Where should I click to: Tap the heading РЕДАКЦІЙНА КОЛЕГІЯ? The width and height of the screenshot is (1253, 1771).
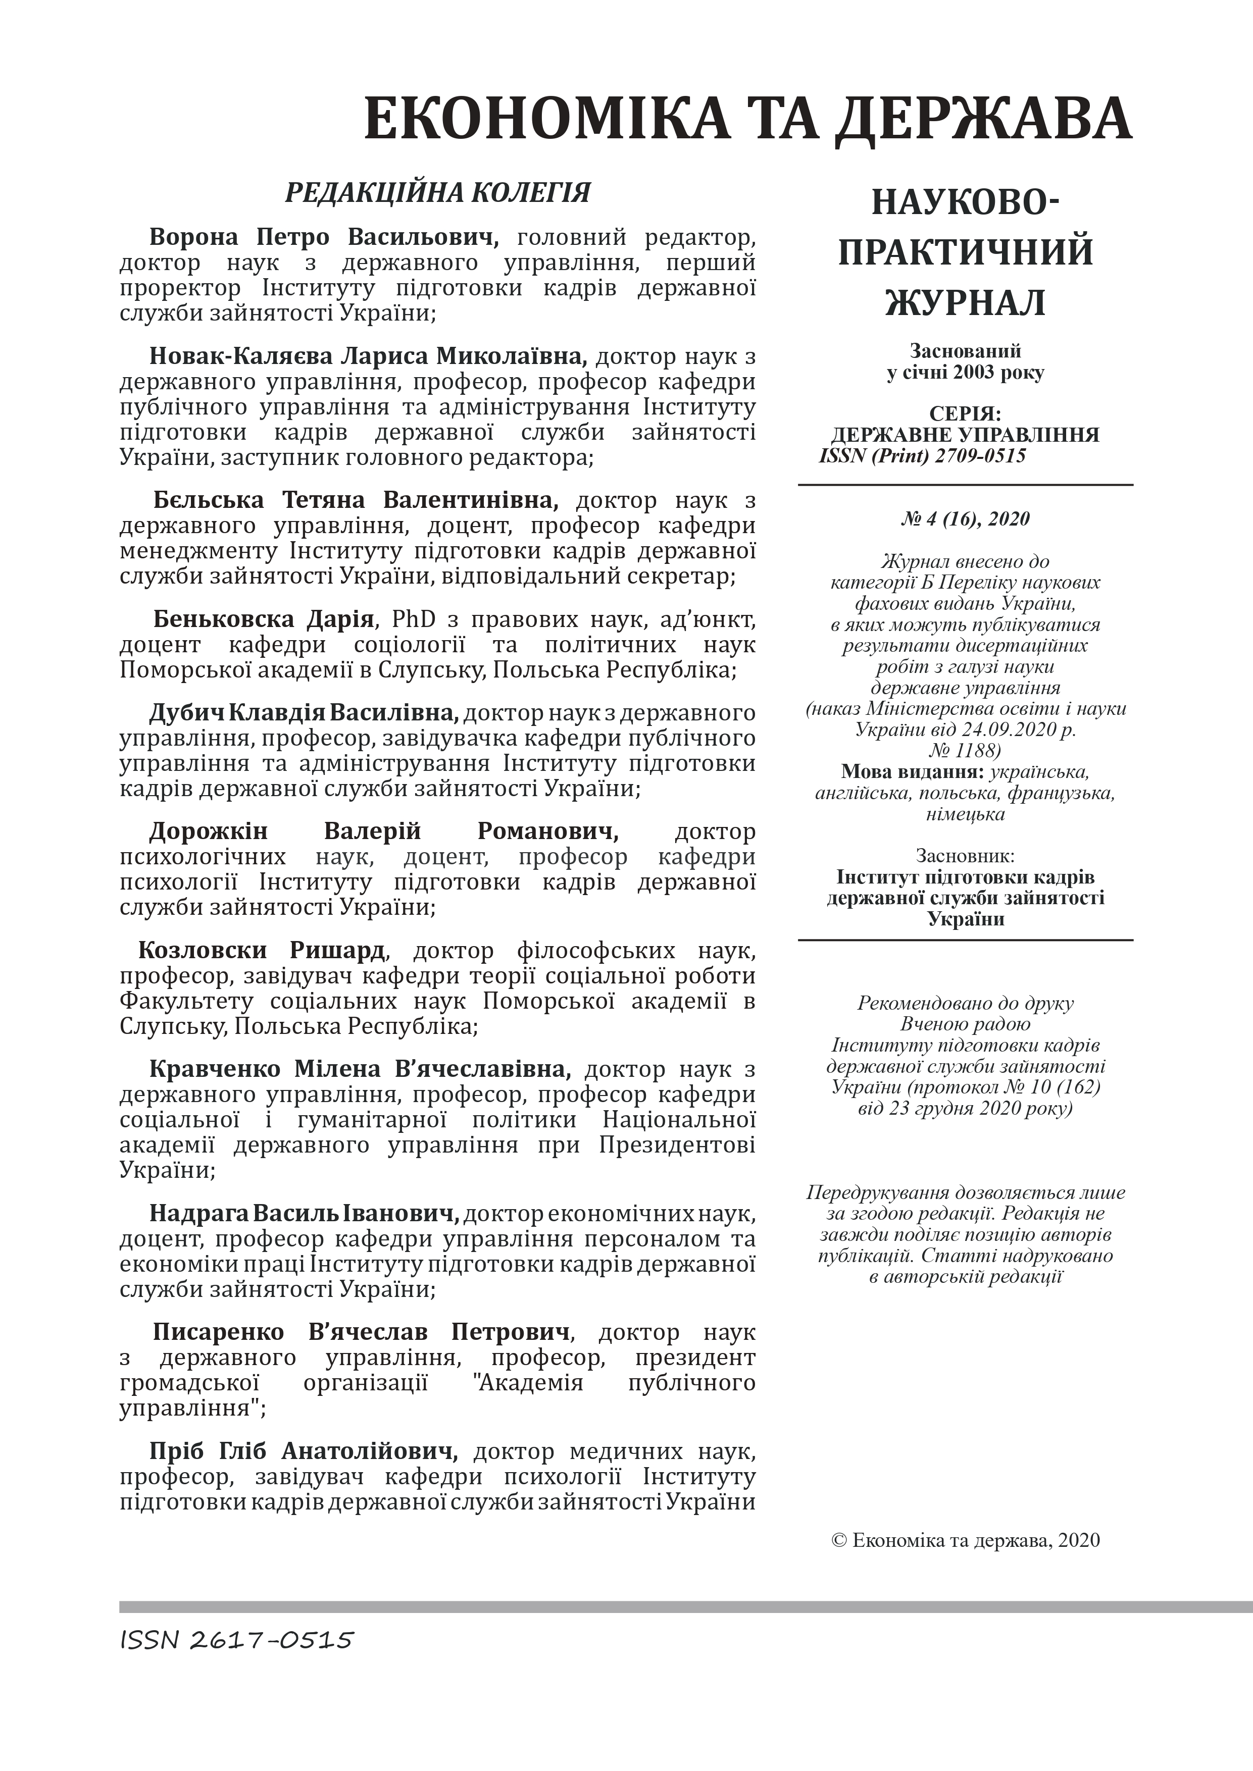(x=437, y=192)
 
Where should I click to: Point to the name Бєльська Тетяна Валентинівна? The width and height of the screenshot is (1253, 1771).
(x=356, y=501)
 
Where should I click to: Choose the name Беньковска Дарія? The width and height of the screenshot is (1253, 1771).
(x=264, y=619)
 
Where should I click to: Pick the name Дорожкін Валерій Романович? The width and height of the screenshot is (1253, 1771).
(x=383, y=831)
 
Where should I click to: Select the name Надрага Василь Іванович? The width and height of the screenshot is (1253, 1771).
(x=304, y=1214)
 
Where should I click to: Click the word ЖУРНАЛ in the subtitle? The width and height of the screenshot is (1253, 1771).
(x=965, y=302)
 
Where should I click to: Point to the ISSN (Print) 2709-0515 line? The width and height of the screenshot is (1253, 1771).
(x=923, y=456)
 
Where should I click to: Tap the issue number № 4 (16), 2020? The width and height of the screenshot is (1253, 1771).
(x=965, y=518)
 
